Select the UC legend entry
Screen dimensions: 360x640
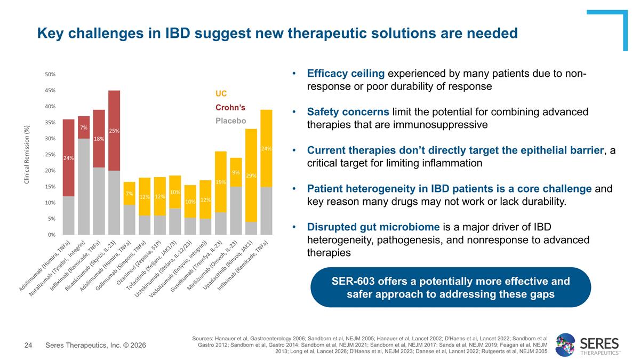click(x=221, y=94)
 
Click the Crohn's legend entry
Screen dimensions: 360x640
click(x=230, y=107)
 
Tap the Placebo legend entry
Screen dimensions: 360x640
click(x=230, y=121)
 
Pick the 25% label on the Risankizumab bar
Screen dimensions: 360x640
click(x=114, y=130)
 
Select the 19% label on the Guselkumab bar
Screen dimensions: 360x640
click(x=221, y=182)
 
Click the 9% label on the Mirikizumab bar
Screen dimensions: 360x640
click(x=236, y=172)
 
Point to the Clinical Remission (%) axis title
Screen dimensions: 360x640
click(x=27, y=155)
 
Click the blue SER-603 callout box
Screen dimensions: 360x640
click(x=450, y=287)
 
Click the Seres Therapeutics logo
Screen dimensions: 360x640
click(x=587, y=345)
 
